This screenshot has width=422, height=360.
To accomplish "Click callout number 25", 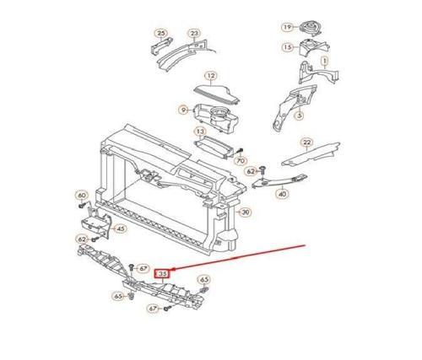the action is [160, 34].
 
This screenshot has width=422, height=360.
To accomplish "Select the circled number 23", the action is [194, 34].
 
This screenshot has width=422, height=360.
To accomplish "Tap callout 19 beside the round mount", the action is [287, 27].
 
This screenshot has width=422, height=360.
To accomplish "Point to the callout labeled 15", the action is [288, 47].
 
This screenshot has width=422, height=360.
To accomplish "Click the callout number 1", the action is [325, 61].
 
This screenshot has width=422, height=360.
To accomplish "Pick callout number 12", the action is [211, 76].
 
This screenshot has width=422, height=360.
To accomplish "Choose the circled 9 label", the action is [184, 110].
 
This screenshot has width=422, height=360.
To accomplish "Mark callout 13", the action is [200, 132].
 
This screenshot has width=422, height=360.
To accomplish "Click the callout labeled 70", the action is [241, 161].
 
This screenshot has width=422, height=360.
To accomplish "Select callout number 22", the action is [306, 142].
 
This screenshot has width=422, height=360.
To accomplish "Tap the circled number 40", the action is [283, 194].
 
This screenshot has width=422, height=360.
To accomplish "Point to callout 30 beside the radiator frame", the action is [246, 212].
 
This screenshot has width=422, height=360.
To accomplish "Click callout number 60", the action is [82, 195].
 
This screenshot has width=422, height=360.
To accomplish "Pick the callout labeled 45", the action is [120, 229].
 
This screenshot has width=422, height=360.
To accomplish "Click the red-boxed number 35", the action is [161, 273].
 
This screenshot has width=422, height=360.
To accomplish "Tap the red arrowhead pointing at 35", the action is [173, 270].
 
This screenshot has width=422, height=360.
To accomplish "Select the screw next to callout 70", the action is [240, 151].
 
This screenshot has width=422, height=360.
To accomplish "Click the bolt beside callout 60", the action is [81, 206].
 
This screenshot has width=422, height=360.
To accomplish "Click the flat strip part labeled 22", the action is [311, 154].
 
